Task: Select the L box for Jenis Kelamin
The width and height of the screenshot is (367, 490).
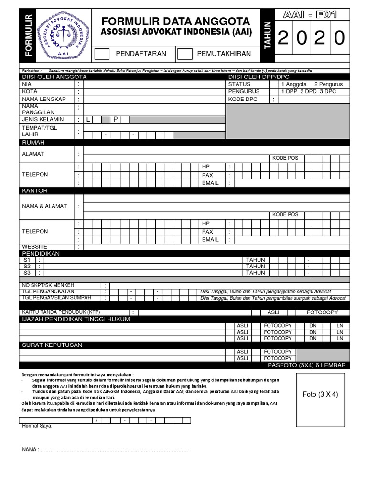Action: click(88, 120)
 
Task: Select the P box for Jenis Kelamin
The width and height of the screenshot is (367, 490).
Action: click(115, 120)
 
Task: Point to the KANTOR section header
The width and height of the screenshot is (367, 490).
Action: click(35, 190)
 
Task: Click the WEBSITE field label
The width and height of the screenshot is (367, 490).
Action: click(35, 246)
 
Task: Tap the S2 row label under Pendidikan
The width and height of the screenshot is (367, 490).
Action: click(27, 267)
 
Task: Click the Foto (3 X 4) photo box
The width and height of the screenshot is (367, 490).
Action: click(320, 394)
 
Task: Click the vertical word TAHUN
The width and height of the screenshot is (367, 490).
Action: click(267, 35)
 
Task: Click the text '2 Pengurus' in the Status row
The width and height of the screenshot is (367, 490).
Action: click(328, 84)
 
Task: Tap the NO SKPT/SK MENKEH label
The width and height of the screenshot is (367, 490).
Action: click(48, 285)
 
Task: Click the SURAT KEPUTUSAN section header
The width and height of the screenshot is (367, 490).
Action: click(52, 345)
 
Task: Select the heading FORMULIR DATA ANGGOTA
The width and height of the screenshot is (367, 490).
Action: click(175, 21)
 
